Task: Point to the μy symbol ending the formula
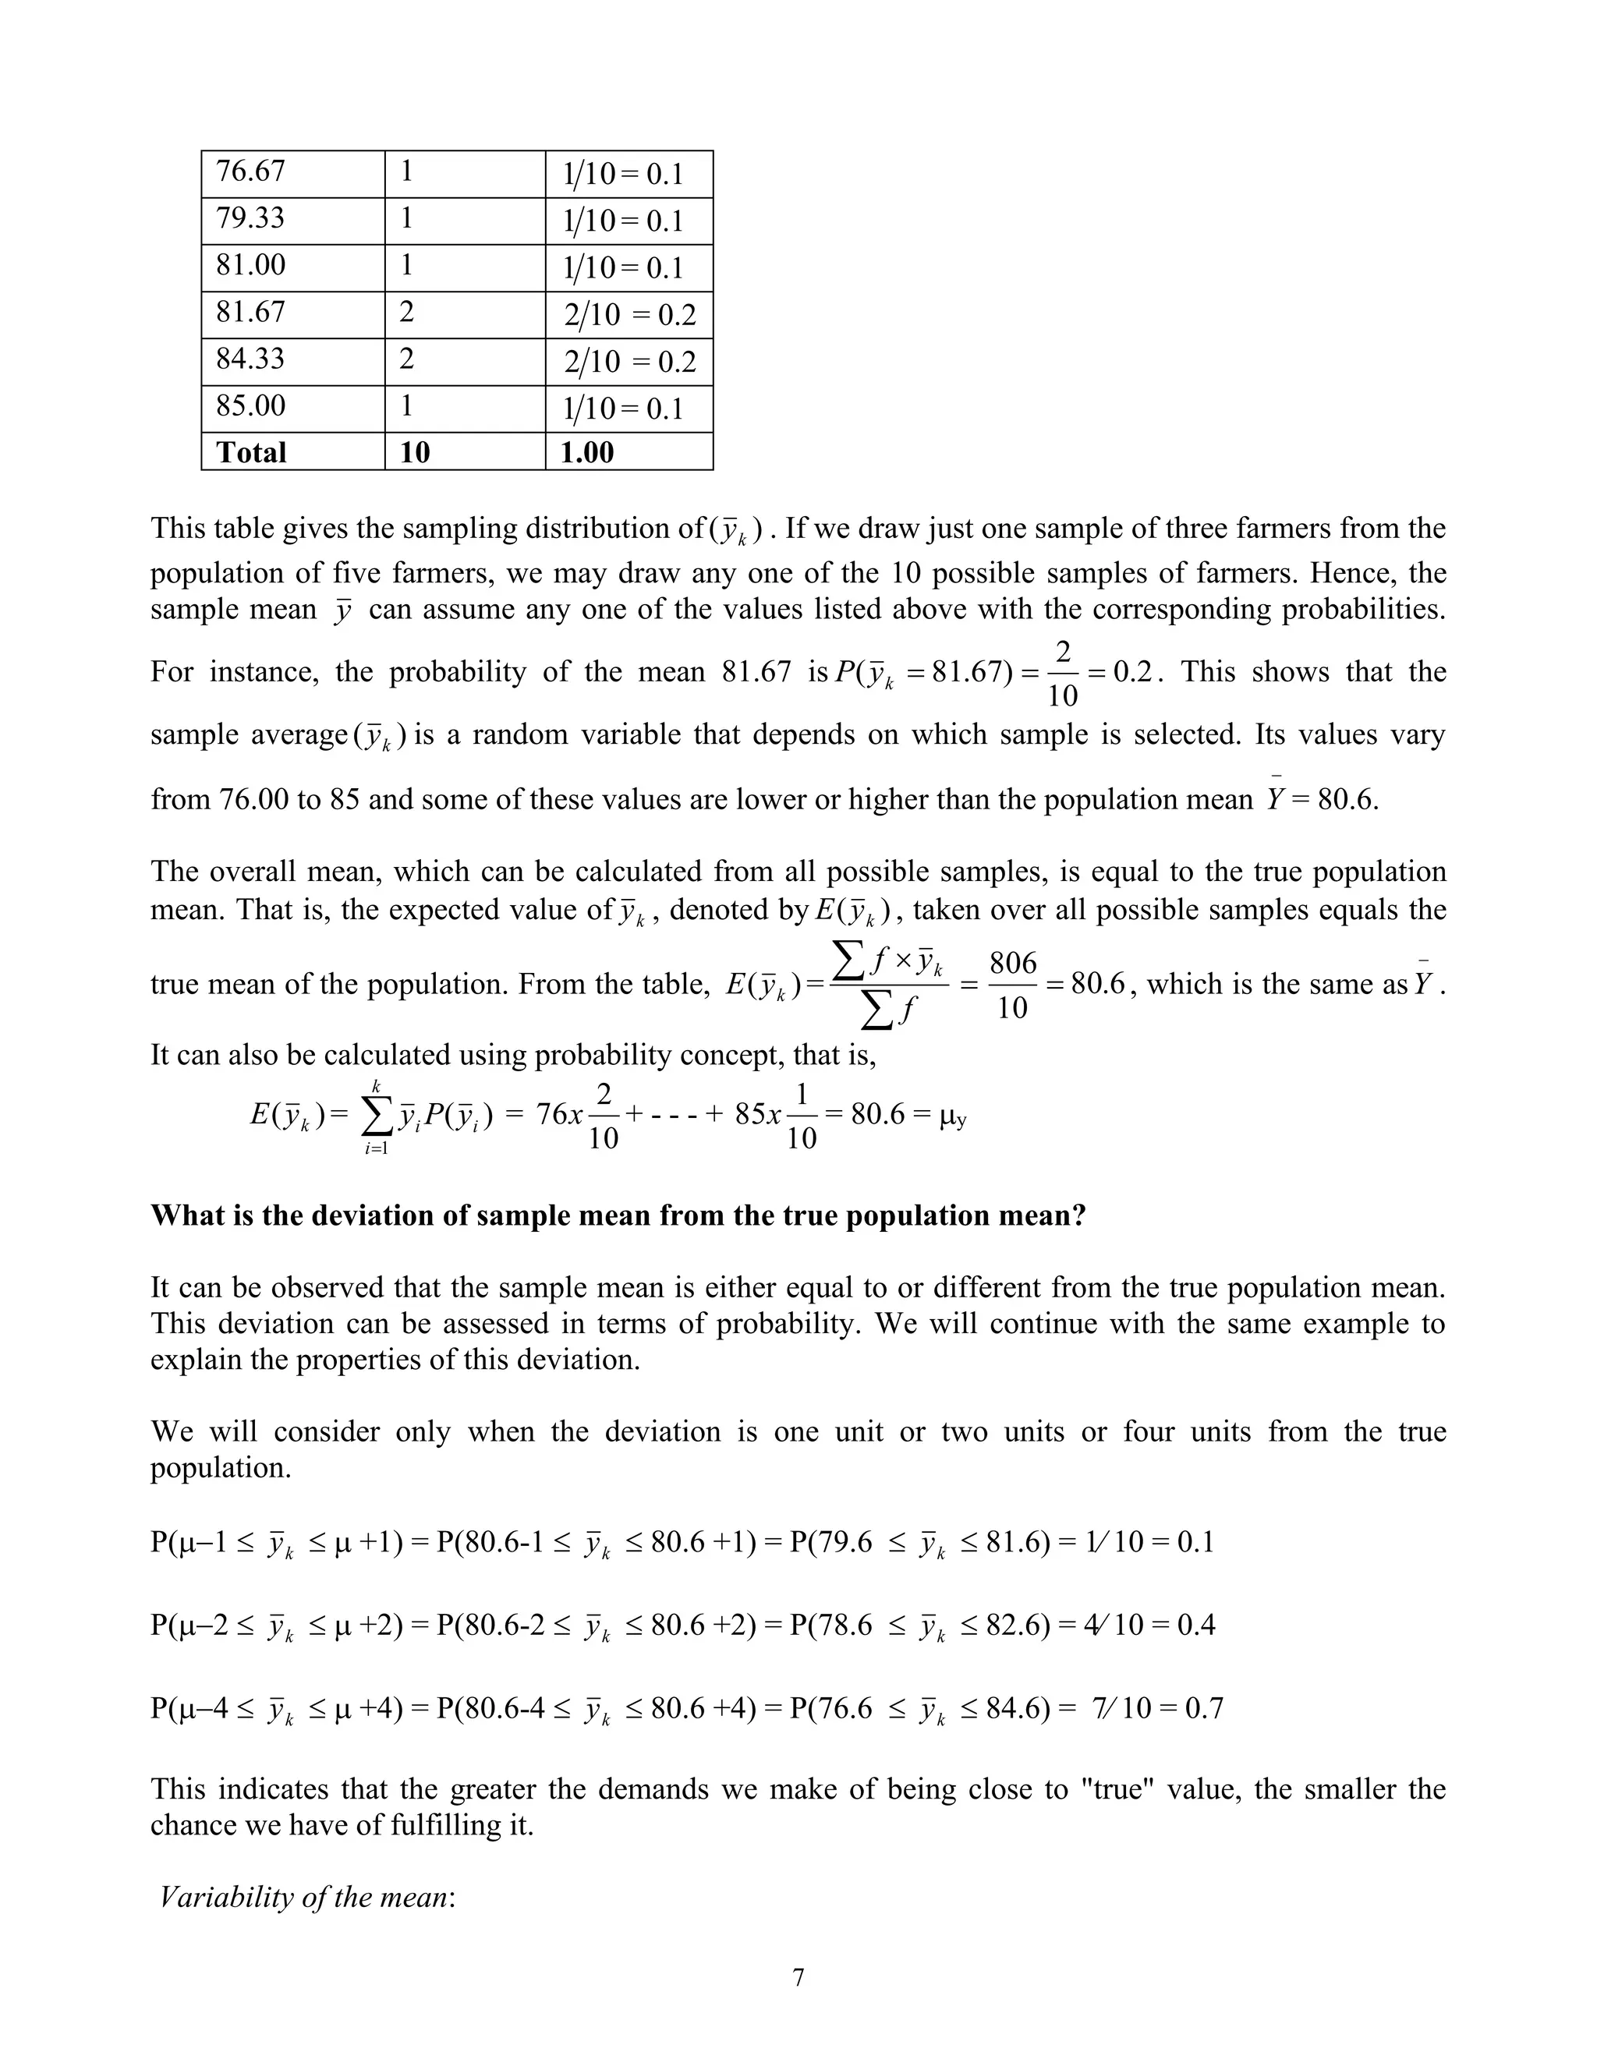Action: tap(953, 1116)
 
